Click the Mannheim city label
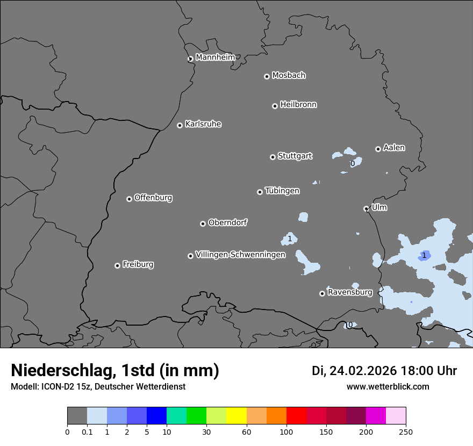(215, 57)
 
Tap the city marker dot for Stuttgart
(273, 157)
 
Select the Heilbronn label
(298, 105)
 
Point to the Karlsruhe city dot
(180, 125)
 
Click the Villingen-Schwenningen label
(240, 255)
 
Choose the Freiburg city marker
(117, 265)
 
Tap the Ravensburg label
(350, 292)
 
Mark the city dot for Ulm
(366, 208)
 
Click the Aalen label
(394, 148)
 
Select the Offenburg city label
(153, 198)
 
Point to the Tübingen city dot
(260, 192)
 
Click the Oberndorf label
(227, 222)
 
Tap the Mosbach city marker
(267, 76)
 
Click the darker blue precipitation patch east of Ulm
(424, 256)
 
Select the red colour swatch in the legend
(296, 416)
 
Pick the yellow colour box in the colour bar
(236, 416)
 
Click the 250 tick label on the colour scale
(406, 431)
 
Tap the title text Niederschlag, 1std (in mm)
(115, 370)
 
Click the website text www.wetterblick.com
(388, 386)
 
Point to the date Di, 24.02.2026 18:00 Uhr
(384, 371)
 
